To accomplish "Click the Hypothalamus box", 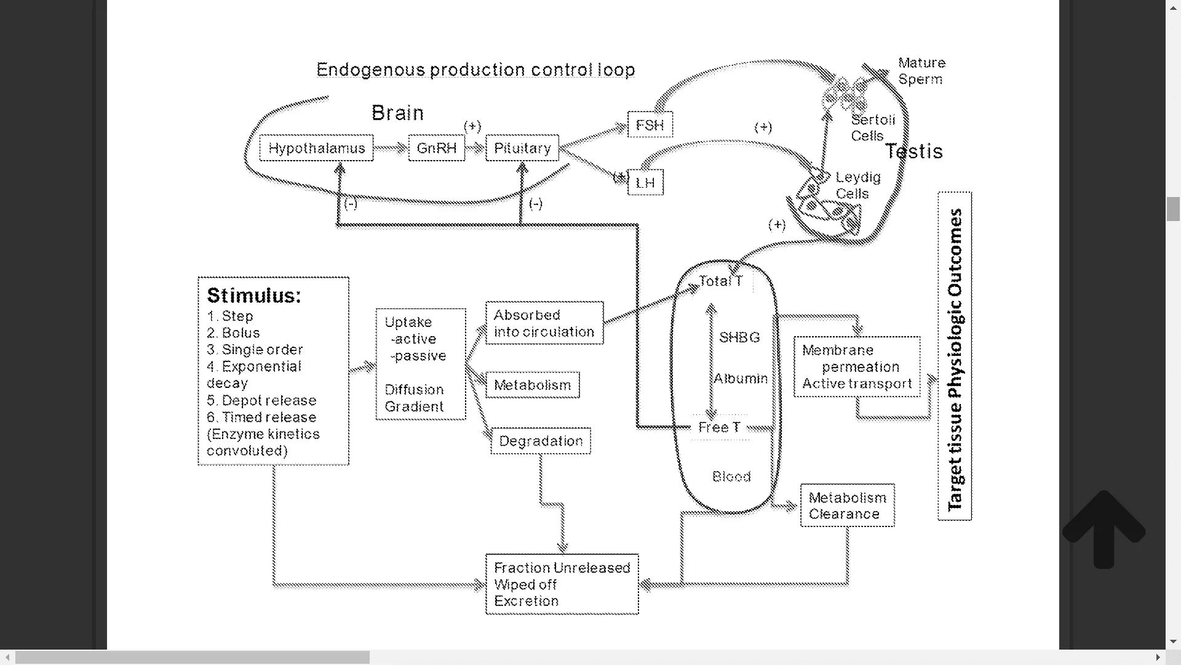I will pyautogui.click(x=316, y=148).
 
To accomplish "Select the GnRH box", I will pyautogui.click(x=437, y=148).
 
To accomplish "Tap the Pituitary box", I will pyautogui.click(x=522, y=148).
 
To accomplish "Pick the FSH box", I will pyautogui.click(x=650, y=125).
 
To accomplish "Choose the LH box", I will pyautogui.click(x=645, y=183).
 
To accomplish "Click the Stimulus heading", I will pyautogui.click(x=253, y=296).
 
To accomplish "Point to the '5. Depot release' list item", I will pyautogui.click(x=261, y=400).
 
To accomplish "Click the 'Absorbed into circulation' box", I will pyautogui.click(x=544, y=323).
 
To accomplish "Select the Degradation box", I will pyautogui.click(x=541, y=441).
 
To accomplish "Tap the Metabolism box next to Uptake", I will pyautogui.click(x=533, y=385).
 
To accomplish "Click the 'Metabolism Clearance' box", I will pyautogui.click(x=847, y=506).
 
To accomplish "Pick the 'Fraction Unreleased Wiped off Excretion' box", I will pyautogui.click(x=562, y=584).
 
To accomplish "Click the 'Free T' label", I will pyautogui.click(x=719, y=427).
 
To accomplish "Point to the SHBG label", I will pyautogui.click(x=739, y=337).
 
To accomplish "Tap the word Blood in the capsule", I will pyautogui.click(x=731, y=477).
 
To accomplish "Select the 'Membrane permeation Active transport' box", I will pyautogui.click(x=857, y=367).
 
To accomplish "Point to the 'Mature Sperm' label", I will pyautogui.click(x=921, y=71).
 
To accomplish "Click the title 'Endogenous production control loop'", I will pyautogui.click(x=475, y=70).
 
